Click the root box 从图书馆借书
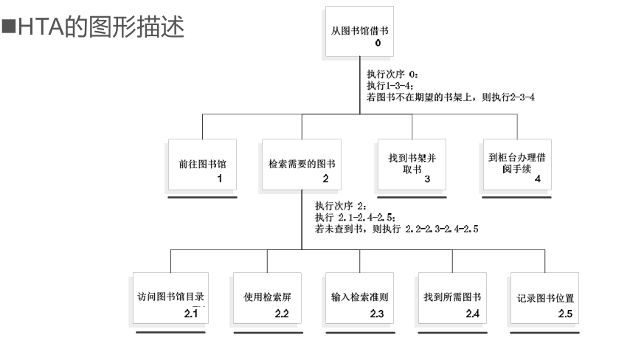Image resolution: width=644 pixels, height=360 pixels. (359, 31)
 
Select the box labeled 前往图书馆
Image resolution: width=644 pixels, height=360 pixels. (202, 165)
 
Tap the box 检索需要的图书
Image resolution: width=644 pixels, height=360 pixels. (302, 165)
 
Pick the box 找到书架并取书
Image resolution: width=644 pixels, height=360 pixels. (412, 165)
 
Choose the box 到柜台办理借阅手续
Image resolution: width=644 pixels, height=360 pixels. (517, 165)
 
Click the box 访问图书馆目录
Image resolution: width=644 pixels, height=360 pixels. (170, 298)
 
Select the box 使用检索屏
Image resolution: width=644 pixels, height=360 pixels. (267, 298)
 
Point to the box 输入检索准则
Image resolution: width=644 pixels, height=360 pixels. (359, 298)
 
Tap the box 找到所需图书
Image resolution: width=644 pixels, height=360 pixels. (452, 298)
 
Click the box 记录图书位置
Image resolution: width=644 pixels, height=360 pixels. (544, 298)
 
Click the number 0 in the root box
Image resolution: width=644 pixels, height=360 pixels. (378, 43)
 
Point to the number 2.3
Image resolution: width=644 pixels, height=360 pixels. (377, 314)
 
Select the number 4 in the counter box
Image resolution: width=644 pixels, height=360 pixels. (538, 179)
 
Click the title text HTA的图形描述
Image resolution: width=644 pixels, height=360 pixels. (101, 27)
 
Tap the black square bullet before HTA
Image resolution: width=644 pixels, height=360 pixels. (9, 26)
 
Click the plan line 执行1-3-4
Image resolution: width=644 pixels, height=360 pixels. (389, 86)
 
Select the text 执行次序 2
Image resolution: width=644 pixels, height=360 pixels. (340, 206)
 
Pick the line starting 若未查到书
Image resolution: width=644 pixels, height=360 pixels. (396, 229)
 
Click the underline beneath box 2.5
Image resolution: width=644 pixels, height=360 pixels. (544, 333)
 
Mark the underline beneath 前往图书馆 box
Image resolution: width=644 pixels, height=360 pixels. (202, 197)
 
